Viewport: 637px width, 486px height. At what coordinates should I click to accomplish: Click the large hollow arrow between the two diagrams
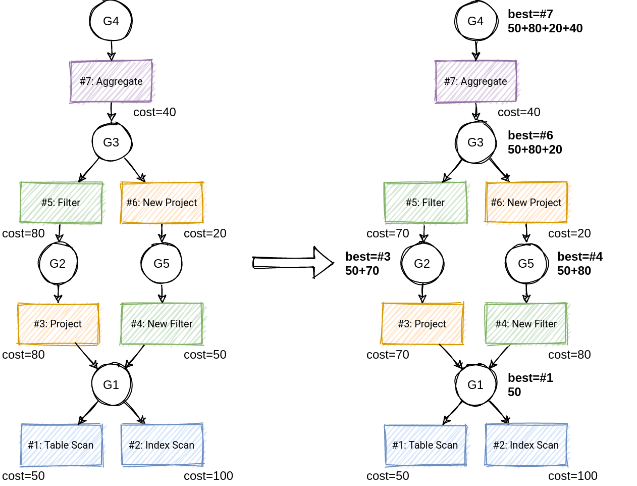point(293,263)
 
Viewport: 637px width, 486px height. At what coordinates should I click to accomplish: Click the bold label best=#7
point(530,14)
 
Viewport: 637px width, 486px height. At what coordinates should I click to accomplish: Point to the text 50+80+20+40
point(545,28)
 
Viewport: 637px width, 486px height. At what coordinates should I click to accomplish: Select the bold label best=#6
point(530,135)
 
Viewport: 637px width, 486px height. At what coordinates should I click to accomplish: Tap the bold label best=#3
point(367,257)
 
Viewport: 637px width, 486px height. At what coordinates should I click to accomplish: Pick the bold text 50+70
point(362,271)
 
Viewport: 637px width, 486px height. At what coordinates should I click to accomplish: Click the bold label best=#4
point(579,257)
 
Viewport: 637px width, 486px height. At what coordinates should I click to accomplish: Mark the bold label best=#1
point(530,378)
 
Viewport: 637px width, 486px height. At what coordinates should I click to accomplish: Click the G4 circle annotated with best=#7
point(475,21)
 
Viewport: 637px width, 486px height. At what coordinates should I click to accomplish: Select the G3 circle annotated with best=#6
point(475,142)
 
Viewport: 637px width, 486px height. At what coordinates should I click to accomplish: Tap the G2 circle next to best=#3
point(422,264)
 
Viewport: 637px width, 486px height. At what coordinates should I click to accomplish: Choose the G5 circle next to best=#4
point(526,264)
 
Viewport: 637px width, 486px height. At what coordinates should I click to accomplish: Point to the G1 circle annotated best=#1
point(475,385)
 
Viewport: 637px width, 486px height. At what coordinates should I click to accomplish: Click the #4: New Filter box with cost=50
point(162,324)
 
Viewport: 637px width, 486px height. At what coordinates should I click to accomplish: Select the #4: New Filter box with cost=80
point(526,324)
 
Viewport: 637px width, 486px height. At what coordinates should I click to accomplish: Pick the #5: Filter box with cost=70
point(425,203)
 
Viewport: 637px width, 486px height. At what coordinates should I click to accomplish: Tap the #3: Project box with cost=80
point(58,324)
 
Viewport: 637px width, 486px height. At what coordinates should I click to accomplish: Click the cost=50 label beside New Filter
point(205,355)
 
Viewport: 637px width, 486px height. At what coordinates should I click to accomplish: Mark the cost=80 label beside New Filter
point(569,355)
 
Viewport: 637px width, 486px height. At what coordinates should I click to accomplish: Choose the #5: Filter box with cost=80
point(61,203)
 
